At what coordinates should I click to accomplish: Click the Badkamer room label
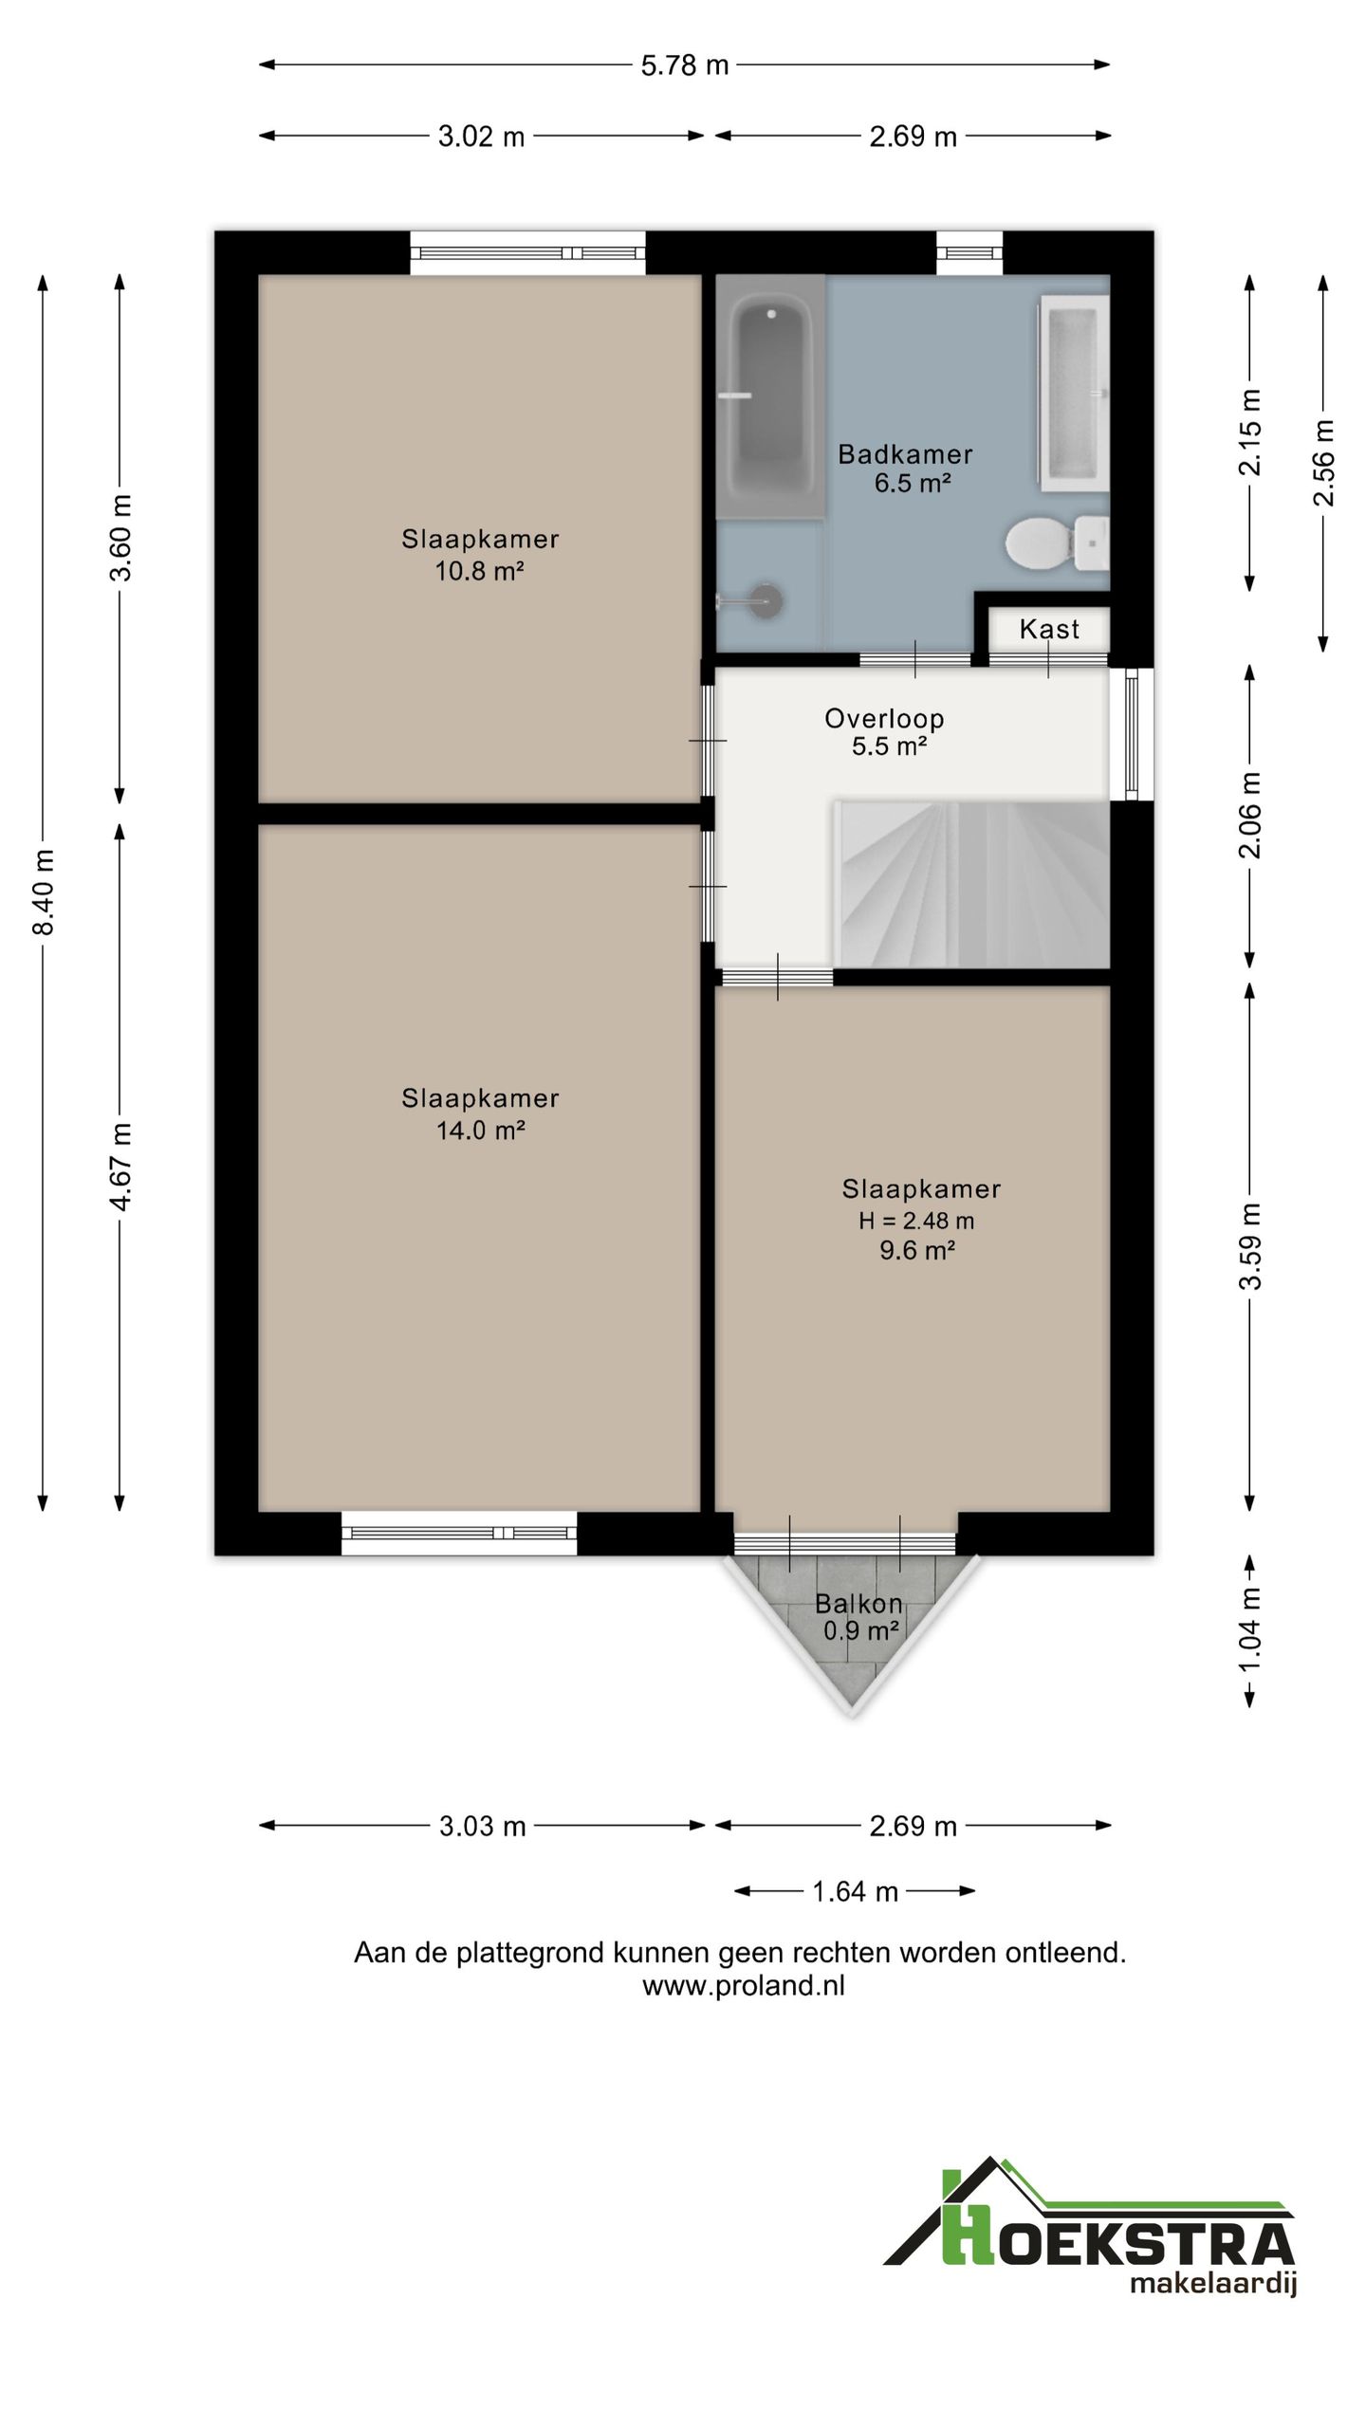point(905,454)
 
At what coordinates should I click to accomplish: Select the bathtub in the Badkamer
point(770,397)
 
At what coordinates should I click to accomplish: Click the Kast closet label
point(1049,629)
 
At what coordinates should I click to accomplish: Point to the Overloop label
point(884,719)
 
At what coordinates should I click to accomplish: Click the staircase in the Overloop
point(971,884)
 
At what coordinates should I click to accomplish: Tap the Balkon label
point(858,1604)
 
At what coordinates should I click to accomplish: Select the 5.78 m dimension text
point(685,65)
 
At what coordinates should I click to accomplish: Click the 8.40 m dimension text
point(44,892)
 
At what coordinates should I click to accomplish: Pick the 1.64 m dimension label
point(855,1891)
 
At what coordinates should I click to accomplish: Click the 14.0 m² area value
point(480,1130)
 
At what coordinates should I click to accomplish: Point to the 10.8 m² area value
point(480,570)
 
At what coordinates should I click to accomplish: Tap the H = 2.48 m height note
point(916,1221)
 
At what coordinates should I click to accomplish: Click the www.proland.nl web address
point(744,1985)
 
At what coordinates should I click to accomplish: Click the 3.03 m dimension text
point(482,1826)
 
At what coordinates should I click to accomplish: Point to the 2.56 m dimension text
point(1324,463)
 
